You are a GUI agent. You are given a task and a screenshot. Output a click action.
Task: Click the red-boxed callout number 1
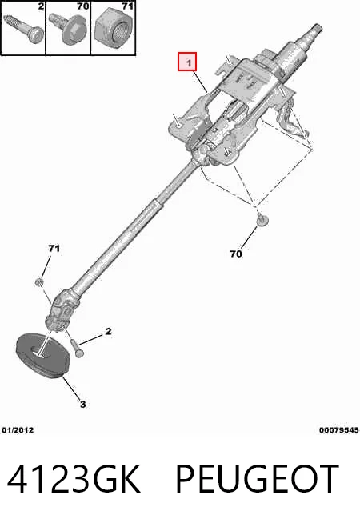(x=189, y=62)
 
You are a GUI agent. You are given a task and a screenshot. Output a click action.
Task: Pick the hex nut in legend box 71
(x=113, y=30)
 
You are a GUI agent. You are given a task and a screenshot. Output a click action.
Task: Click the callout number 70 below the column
(x=236, y=254)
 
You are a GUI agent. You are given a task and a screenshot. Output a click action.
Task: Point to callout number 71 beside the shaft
(x=54, y=248)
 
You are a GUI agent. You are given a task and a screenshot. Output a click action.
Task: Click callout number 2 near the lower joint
(x=108, y=331)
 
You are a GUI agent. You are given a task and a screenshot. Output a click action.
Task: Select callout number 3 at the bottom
(x=82, y=405)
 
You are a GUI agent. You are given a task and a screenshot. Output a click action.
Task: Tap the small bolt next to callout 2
(x=77, y=348)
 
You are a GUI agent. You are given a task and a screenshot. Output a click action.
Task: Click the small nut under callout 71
(x=39, y=282)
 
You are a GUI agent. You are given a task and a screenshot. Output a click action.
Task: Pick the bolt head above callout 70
(x=262, y=219)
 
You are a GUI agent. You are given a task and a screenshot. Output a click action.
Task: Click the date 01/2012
(x=18, y=430)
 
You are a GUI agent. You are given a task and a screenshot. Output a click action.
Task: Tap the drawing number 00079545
(x=338, y=430)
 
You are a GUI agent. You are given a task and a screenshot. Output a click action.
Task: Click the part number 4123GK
(x=74, y=479)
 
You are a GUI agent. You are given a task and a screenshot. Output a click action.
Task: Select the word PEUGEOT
(x=258, y=479)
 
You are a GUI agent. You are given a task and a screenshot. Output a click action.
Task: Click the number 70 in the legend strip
(x=82, y=6)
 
